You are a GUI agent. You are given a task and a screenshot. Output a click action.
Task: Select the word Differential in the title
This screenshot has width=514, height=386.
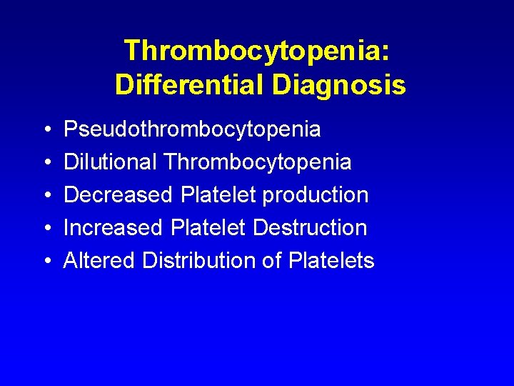(190, 85)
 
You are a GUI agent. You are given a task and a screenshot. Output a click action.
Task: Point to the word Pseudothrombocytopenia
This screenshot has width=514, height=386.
(192, 129)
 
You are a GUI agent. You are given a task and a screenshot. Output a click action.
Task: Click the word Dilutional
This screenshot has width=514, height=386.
(111, 162)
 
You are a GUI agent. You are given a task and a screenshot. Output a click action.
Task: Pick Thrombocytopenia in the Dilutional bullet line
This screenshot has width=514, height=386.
(258, 162)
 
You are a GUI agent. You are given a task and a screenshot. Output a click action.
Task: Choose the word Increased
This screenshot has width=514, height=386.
(114, 227)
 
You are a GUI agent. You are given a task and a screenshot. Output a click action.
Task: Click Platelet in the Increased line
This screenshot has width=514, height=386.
(209, 227)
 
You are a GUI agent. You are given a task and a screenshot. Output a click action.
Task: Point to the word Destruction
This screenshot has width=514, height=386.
(310, 227)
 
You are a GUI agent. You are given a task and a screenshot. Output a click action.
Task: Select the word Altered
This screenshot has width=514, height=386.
(99, 260)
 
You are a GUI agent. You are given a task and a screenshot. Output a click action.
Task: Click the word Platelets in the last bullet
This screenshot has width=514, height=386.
(331, 260)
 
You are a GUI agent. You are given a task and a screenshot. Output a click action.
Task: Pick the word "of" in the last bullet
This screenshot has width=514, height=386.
(272, 260)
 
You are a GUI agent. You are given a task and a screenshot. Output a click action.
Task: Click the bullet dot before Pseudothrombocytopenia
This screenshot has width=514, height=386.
(46, 130)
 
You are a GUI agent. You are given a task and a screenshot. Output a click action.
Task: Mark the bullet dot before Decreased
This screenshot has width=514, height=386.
(46, 195)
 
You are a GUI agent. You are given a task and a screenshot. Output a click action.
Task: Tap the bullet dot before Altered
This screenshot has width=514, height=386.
(46, 261)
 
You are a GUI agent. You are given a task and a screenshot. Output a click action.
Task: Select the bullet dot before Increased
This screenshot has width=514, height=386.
(46, 228)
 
